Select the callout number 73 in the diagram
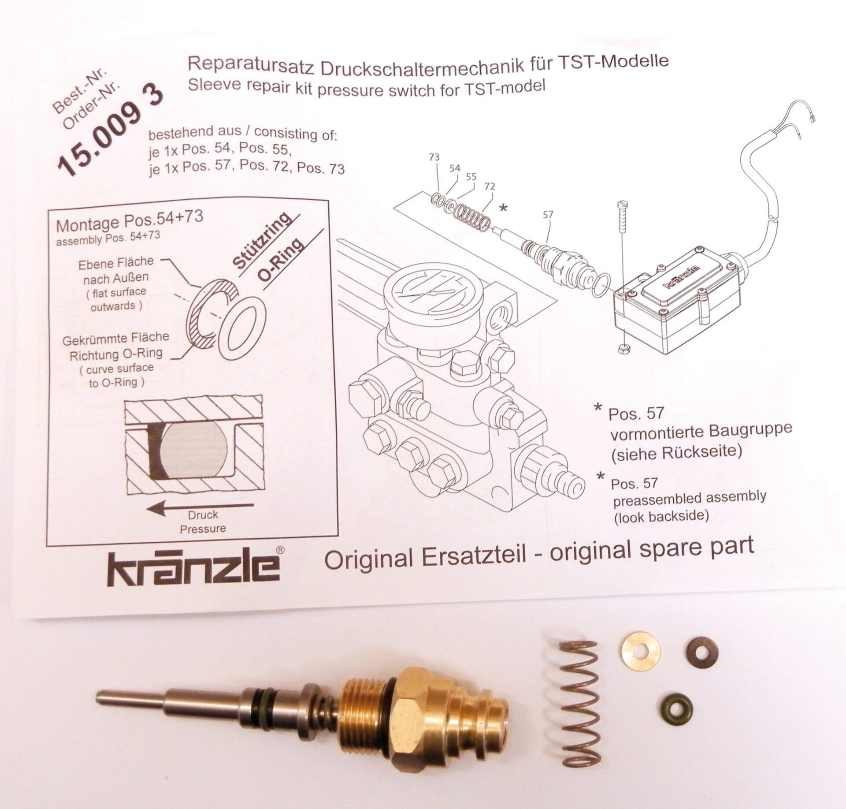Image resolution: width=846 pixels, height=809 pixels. tap(434, 157)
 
